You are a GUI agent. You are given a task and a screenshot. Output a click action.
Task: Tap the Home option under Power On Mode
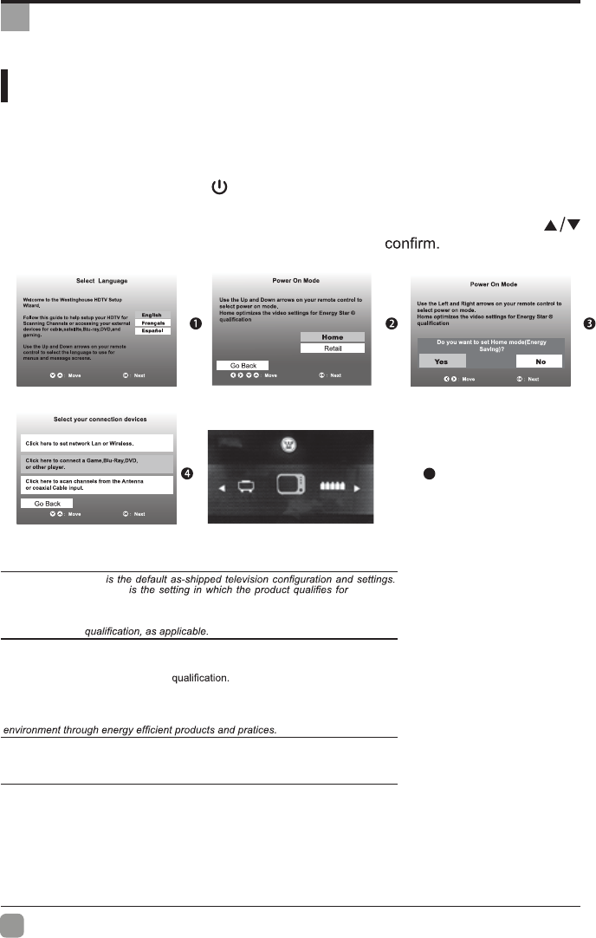point(332,337)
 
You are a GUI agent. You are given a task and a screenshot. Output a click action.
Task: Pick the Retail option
point(332,348)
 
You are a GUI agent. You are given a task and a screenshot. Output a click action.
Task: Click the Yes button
point(441,361)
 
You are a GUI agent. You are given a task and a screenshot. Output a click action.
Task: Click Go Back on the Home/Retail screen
point(236,366)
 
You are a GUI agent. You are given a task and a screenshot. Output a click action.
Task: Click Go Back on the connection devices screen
point(47,503)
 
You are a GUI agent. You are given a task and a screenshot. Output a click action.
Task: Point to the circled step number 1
point(196,323)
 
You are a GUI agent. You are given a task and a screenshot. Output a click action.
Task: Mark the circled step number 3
point(588,323)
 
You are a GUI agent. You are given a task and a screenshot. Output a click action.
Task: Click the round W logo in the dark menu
point(289,445)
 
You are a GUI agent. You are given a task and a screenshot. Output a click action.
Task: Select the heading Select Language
point(96,283)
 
